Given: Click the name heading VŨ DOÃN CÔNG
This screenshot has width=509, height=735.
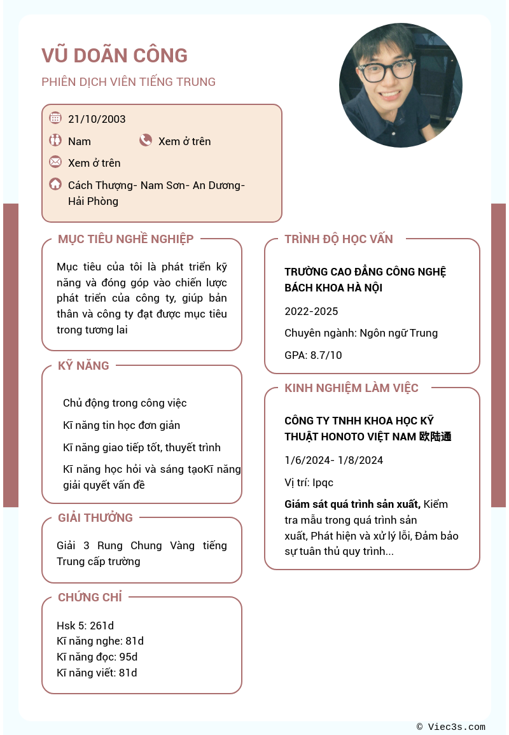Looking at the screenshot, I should point(115,56).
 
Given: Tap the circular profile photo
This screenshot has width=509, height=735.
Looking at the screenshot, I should point(401,85).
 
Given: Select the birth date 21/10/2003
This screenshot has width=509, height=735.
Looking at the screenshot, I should point(97,119).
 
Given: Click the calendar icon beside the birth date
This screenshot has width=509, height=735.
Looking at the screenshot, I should point(55,118).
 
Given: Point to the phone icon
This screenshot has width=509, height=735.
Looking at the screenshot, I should point(146,140).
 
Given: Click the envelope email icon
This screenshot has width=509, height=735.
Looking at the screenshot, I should point(55,162).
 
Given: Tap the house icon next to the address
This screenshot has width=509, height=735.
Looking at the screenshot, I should point(55,184).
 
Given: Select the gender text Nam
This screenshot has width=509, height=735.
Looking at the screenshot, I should point(80,141).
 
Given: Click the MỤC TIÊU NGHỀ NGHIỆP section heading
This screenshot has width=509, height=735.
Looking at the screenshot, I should point(125,239).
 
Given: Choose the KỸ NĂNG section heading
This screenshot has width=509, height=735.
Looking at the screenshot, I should point(83,366).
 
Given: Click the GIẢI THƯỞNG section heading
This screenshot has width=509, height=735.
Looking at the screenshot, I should point(95,518).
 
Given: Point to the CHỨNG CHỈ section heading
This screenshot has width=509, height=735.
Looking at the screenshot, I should point(90,598).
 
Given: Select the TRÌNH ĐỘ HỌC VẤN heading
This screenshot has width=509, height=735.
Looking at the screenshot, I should point(338,239).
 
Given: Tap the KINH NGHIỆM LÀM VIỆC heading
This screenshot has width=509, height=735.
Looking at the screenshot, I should point(351,388).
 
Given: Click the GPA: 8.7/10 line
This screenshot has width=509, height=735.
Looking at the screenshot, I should point(313,355).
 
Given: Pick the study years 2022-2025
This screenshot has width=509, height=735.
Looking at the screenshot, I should point(311,311).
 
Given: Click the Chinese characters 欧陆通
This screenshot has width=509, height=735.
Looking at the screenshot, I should point(436,437).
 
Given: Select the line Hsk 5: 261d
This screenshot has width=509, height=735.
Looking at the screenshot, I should point(85,626).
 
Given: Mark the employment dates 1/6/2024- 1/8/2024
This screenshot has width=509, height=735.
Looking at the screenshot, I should point(333,460).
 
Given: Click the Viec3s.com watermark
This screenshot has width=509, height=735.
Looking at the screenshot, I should point(451,727).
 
